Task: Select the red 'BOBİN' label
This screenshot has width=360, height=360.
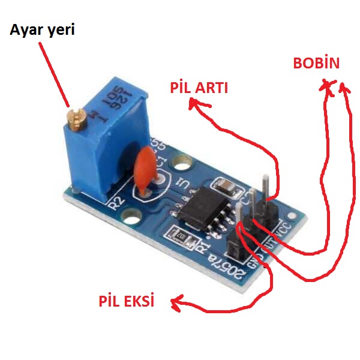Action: point(316,64)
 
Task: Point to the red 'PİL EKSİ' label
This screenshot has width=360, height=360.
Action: point(126,301)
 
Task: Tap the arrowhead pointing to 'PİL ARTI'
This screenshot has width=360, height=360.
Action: point(193,104)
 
